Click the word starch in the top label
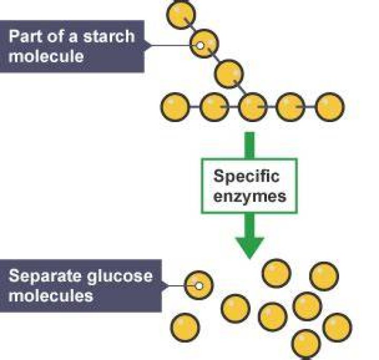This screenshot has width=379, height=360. [109, 36]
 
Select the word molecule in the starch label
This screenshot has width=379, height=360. [46, 56]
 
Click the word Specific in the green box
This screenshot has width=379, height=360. [246, 177]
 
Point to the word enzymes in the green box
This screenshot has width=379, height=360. [250, 197]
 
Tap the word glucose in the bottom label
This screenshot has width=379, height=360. [120, 276]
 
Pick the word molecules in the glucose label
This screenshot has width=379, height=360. [51, 295]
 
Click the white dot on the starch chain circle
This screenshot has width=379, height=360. [200, 45]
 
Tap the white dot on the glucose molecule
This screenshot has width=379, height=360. [199, 286]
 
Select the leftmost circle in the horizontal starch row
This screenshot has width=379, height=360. [175, 107]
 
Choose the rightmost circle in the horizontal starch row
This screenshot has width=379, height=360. [330, 107]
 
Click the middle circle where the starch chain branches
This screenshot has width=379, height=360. [253, 107]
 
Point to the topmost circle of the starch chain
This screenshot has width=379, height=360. [181, 15]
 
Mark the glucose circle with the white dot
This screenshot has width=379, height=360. [198, 285]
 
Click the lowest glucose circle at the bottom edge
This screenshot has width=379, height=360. [306, 344]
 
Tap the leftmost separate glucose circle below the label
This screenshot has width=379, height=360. [185, 327]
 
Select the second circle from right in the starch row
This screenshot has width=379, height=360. [291, 107]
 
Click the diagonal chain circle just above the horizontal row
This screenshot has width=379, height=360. [229, 74]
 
